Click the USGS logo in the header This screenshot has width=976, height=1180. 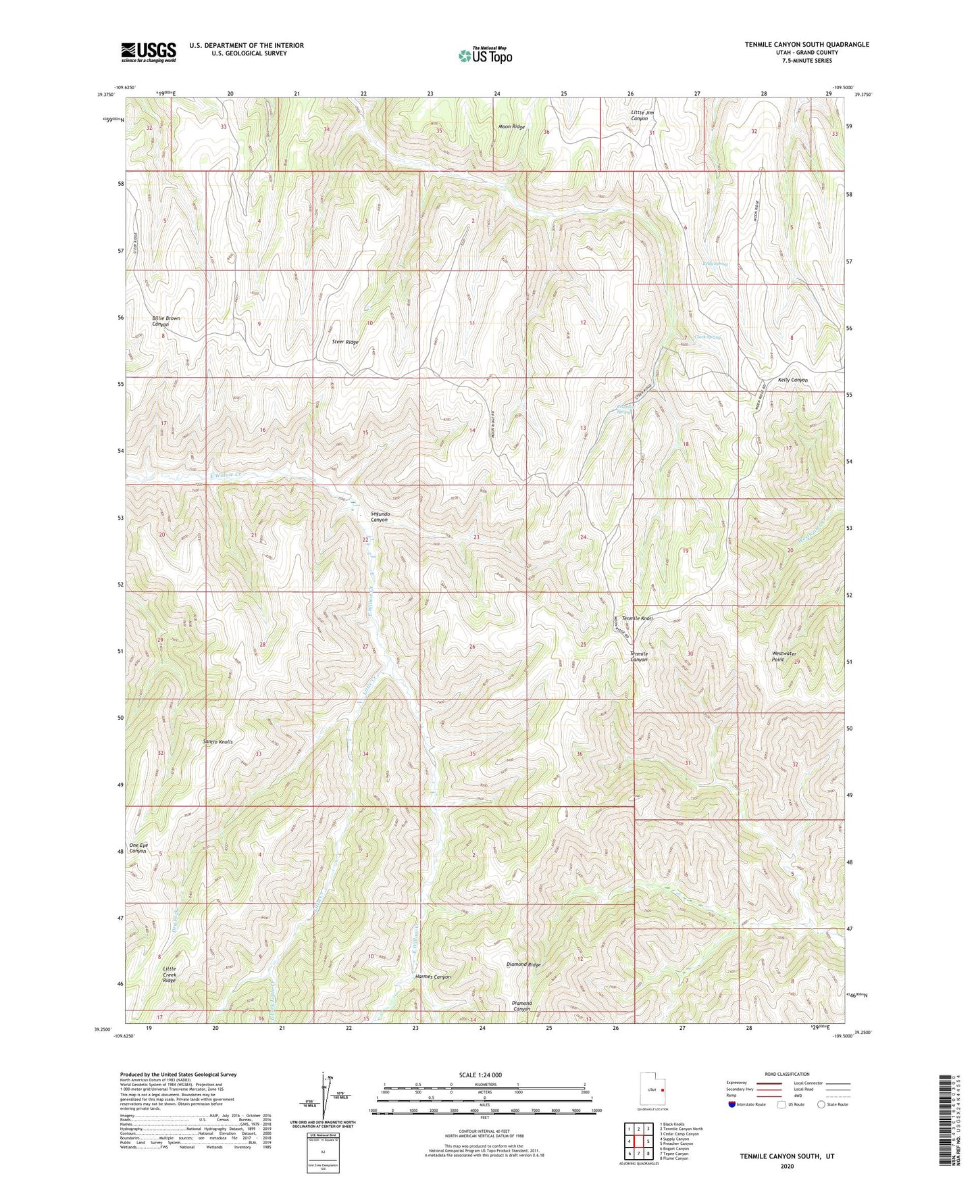click(148, 52)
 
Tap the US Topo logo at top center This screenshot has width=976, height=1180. click(485, 55)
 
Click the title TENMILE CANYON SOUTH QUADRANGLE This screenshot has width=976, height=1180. click(806, 45)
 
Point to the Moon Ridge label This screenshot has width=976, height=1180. click(511, 127)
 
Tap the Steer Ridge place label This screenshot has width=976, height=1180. click(345, 342)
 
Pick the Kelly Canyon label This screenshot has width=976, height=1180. click(792, 380)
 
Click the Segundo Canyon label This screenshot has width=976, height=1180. click(380, 516)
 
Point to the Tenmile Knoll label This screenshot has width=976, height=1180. click(637, 618)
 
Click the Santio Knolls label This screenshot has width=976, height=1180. click(217, 742)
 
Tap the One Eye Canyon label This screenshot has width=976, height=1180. click(138, 848)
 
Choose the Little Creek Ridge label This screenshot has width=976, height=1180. click(170, 974)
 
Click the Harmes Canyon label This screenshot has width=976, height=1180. click(432, 977)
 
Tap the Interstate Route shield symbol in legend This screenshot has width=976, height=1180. click(732, 1104)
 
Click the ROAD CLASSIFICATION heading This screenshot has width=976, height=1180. click(787, 1074)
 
